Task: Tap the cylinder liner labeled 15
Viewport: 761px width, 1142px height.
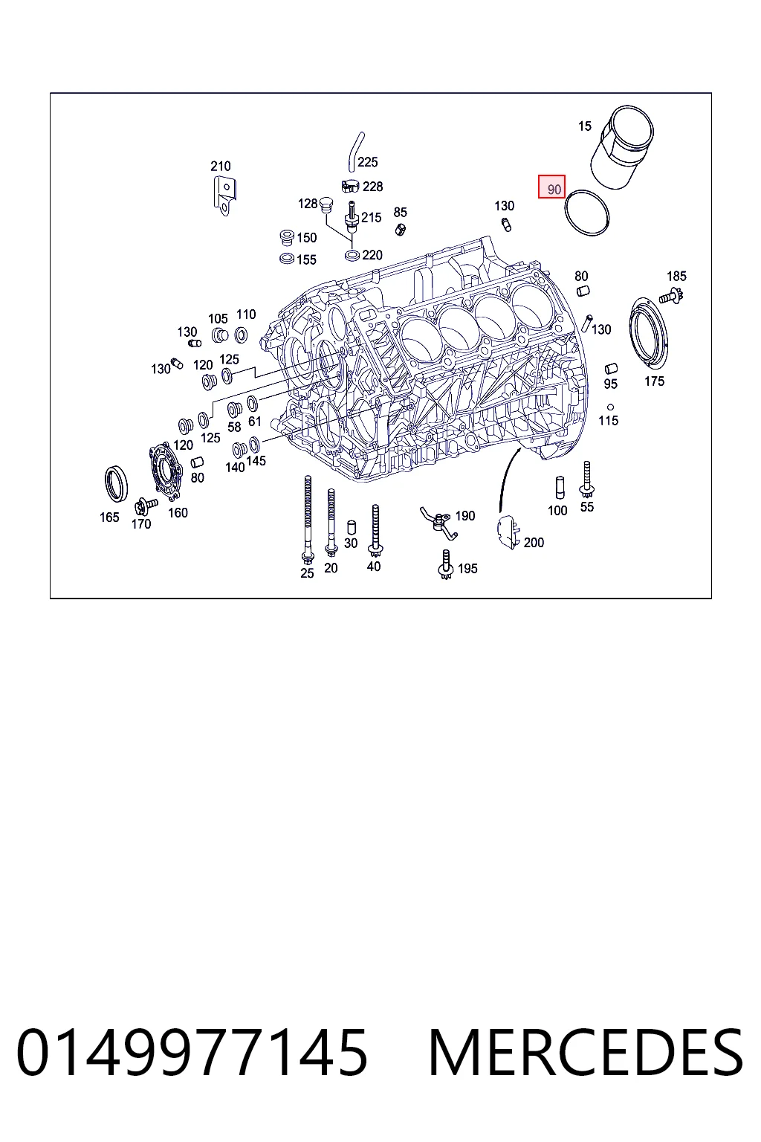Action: [622, 147]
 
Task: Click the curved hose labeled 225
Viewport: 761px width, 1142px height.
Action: [355, 152]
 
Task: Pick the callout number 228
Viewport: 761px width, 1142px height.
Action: [372, 187]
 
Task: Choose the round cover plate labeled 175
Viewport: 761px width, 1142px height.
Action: [648, 332]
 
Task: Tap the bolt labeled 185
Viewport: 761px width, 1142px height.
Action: [671, 295]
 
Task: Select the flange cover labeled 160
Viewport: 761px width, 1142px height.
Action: [166, 470]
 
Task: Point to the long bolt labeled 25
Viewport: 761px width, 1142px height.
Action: [308, 519]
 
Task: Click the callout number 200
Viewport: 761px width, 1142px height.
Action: [534, 543]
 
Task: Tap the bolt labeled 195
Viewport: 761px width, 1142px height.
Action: [446, 564]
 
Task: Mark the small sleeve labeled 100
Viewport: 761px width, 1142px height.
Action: [560, 488]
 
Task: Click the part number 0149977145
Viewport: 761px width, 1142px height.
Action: [192, 1053]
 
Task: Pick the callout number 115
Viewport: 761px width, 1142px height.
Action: [608, 421]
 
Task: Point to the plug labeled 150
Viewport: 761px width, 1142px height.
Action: [287, 238]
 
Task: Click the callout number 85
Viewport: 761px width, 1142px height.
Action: [400, 212]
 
